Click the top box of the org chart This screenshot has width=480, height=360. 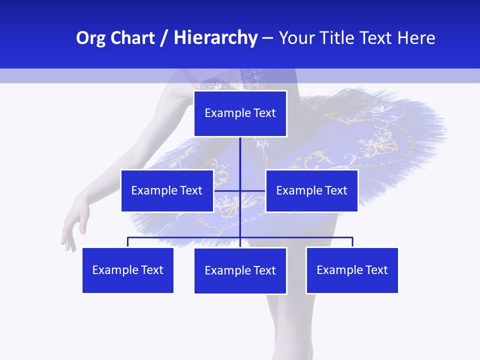240,113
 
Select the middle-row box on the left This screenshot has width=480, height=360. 167,190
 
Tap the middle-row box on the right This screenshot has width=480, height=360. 311,190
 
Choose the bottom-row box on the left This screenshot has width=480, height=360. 127,270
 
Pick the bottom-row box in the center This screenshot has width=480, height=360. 240,270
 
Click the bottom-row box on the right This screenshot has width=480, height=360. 352,270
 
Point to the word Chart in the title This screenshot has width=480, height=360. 132,38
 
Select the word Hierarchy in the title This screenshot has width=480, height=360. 215,38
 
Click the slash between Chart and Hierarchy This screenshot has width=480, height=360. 163,38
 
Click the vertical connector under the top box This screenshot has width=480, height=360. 240,155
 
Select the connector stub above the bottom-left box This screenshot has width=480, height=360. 127,242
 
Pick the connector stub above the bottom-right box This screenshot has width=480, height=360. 352,242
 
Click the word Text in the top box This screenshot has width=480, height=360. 264,113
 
